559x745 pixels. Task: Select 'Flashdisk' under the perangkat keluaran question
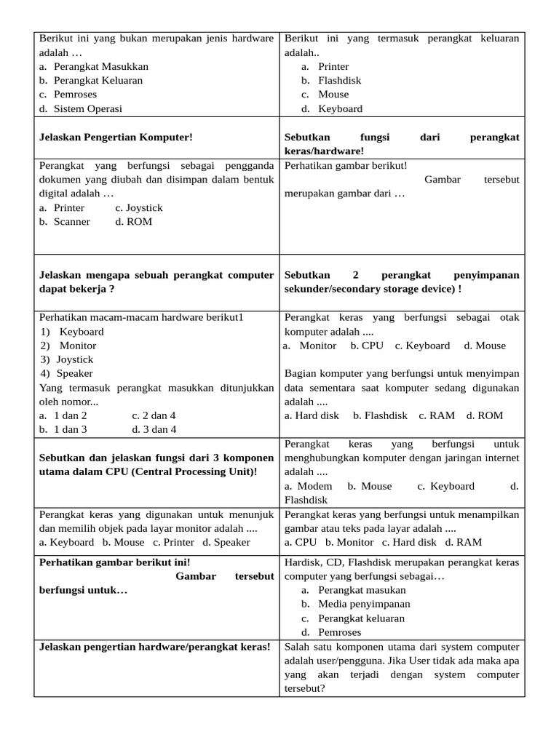(x=339, y=80)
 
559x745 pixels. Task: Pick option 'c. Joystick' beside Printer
(x=139, y=207)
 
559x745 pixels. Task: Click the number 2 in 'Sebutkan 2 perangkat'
(x=356, y=275)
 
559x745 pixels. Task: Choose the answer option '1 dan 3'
(x=70, y=429)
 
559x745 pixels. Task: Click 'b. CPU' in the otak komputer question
(x=367, y=346)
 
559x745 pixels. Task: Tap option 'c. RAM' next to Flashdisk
(x=437, y=415)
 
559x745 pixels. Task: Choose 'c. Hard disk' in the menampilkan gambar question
(x=409, y=542)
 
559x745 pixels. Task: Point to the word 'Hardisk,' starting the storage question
(x=302, y=562)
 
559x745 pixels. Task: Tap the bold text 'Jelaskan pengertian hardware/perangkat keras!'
(x=154, y=647)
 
